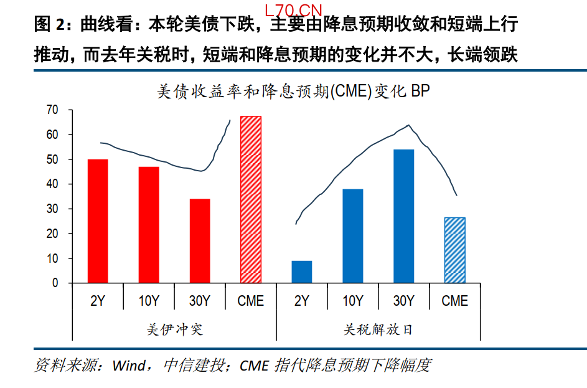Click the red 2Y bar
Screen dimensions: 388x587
(x=98, y=221)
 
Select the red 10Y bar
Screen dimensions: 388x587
(x=149, y=225)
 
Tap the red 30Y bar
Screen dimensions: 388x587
(x=200, y=241)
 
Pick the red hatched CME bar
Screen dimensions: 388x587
(x=251, y=199)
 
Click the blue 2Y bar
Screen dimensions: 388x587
(x=302, y=272)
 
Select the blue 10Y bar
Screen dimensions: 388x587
(x=353, y=236)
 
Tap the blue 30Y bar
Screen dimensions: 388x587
(x=404, y=216)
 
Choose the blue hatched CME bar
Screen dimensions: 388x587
(x=454, y=250)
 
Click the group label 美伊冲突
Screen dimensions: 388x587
(x=174, y=329)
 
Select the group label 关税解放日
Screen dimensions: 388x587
(x=378, y=329)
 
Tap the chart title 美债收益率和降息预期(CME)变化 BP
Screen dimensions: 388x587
(x=293, y=92)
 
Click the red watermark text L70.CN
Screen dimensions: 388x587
(x=294, y=11)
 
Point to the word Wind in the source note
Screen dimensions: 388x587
(x=128, y=365)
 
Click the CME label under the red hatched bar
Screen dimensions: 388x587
(x=251, y=301)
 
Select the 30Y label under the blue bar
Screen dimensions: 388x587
(x=404, y=301)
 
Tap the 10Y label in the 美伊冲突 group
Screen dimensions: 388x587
(x=149, y=301)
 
